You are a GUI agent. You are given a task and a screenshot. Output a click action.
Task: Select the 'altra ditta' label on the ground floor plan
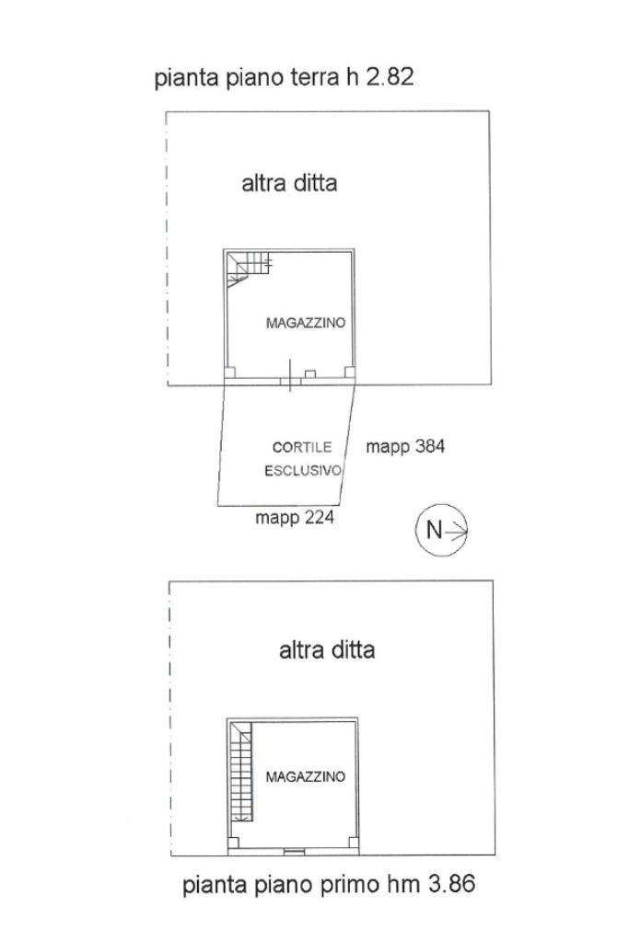(289, 183)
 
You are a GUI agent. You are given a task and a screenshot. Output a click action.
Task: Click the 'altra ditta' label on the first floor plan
(327, 650)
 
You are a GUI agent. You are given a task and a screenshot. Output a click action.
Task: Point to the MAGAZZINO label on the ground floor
(305, 324)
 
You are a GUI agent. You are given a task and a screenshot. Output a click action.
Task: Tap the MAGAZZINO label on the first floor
(306, 777)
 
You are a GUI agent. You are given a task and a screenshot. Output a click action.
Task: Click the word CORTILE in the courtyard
(295, 448)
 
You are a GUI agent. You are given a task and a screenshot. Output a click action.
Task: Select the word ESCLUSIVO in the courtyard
(303, 471)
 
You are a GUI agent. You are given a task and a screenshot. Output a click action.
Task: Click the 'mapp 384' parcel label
(405, 447)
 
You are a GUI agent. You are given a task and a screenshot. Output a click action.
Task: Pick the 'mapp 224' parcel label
(294, 519)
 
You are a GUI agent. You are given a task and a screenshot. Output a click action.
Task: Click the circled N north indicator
(442, 530)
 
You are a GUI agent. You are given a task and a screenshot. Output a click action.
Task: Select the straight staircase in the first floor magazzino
(241, 772)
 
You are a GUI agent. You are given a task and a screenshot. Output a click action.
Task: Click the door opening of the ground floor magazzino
(289, 376)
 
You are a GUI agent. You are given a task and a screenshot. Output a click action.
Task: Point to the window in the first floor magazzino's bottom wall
(292, 850)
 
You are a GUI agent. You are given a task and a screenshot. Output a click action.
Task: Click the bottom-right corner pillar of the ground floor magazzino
(349, 372)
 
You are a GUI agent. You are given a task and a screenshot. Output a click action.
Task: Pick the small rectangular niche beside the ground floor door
(311, 373)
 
